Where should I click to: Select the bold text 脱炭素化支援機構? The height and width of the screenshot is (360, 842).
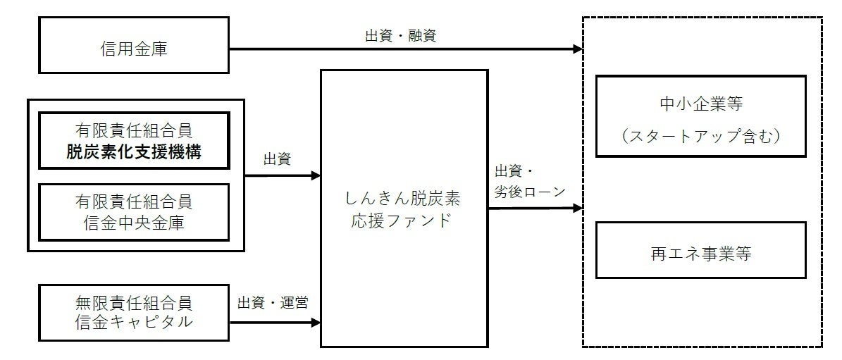(133, 151)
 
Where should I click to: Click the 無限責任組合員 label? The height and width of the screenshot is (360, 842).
(133, 304)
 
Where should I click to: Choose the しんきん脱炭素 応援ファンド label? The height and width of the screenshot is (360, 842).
(404, 209)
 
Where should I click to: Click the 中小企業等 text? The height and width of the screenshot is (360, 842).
(700, 105)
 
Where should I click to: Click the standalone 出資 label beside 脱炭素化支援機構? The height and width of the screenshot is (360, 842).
(277, 160)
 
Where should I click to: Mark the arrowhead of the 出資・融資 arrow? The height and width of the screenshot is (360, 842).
(578, 49)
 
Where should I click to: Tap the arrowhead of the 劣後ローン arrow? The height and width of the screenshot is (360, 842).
(578, 209)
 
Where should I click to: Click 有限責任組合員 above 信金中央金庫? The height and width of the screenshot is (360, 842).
(133, 202)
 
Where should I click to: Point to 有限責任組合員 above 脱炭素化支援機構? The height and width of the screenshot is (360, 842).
(133, 132)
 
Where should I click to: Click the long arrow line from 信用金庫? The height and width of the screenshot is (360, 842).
(402, 49)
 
